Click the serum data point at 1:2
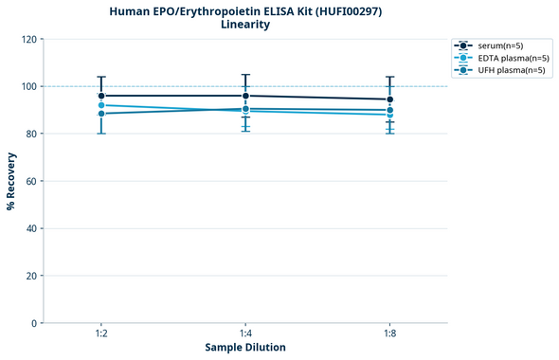101,96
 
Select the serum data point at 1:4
245,96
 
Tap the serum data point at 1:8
390,99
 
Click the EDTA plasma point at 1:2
101,105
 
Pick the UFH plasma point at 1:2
101,114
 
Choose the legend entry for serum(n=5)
494,45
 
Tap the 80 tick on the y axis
31,135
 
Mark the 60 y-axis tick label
31,181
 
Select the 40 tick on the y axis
31,228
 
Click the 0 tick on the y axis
34,323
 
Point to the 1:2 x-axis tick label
101,333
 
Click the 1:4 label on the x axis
245,333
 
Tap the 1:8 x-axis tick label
390,333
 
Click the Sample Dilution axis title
245,348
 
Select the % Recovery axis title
10,180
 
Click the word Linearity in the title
243,25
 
